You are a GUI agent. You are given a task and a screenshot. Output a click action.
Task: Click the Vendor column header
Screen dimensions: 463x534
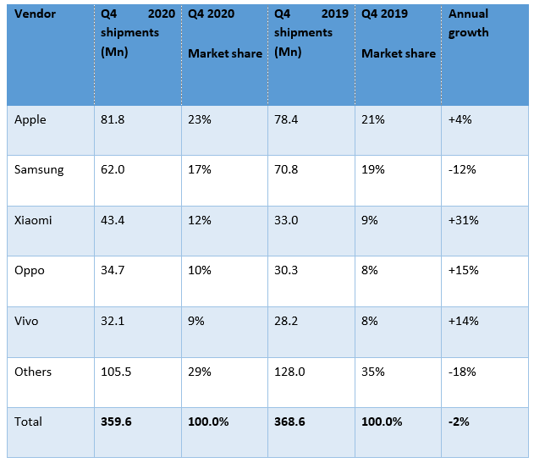tap(35, 14)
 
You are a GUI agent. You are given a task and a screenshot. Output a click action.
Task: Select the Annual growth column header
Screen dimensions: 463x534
tap(468, 24)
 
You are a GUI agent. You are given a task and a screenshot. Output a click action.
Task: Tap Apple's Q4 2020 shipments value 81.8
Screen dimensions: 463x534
tap(113, 119)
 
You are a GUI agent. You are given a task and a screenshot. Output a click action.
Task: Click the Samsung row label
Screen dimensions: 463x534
tap(39, 169)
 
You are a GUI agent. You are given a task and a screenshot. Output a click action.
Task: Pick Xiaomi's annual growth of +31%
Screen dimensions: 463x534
tap(463, 220)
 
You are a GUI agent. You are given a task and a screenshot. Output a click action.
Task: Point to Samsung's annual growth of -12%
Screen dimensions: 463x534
tap(462, 169)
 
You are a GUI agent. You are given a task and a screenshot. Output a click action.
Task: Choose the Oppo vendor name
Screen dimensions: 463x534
tap(30, 271)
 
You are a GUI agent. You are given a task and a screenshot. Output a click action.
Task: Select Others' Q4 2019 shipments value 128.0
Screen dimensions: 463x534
tap(289, 372)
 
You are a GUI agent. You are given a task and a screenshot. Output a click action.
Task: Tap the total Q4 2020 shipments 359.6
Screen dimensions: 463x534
tap(115, 421)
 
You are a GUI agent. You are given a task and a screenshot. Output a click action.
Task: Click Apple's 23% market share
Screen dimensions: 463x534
tap(199, 119)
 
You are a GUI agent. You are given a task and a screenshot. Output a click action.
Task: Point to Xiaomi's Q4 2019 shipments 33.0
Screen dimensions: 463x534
tap(285, 220)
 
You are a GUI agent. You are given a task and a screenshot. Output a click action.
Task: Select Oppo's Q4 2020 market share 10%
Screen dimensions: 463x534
tap(200, 271)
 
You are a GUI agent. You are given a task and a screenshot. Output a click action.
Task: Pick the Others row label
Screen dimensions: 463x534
tap(33, 372)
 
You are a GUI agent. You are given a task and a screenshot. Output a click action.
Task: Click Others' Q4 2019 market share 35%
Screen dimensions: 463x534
tap(373, 372)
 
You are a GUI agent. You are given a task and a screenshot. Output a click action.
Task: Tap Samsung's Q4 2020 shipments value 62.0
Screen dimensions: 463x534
tap(113, 169)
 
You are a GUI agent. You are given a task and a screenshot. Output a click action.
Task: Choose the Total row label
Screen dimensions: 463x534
tap(28, 421)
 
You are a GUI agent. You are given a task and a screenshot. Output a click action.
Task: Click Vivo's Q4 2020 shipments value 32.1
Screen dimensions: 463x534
tap(113, 321)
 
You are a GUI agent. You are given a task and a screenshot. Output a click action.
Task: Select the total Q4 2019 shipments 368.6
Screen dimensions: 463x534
tap(289, 421)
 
